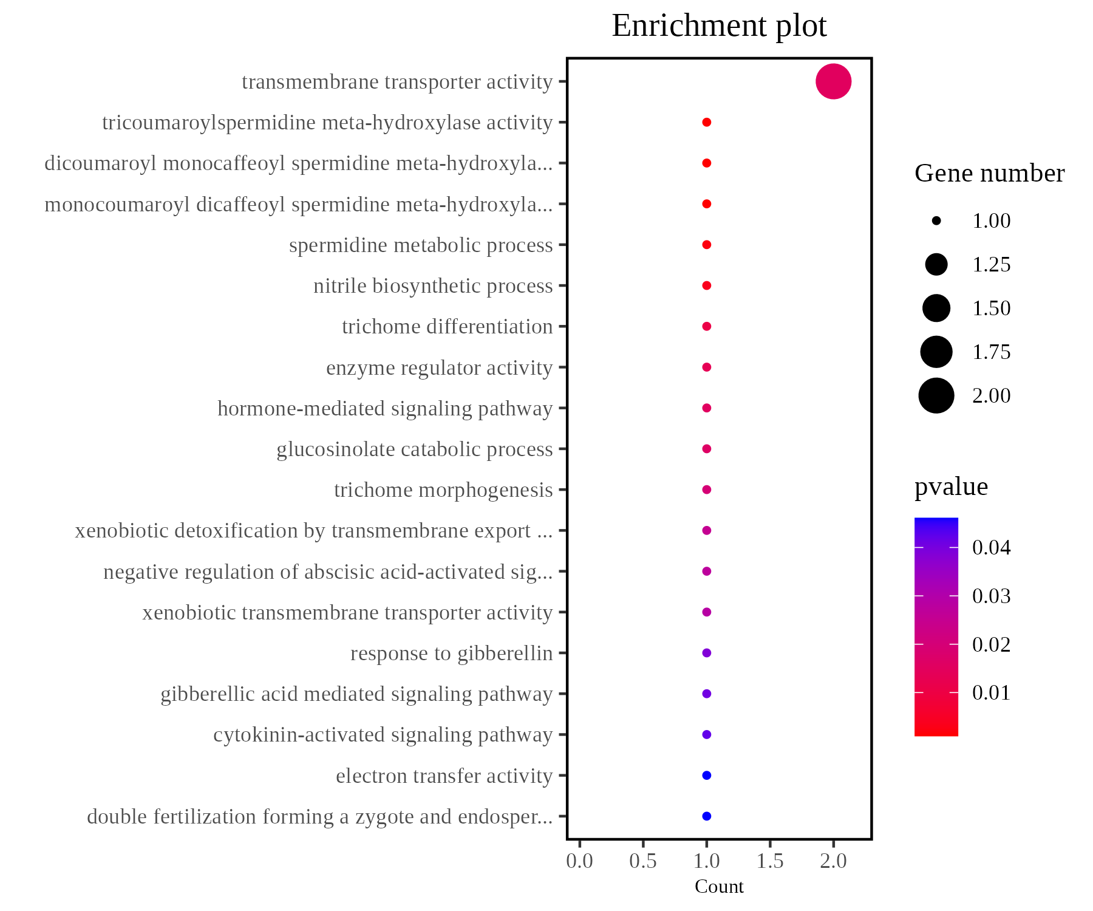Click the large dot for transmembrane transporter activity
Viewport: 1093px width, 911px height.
click(x=833, y=81)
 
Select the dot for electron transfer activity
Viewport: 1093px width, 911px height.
click(x=706, y=776)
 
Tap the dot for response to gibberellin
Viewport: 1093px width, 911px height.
click(x=706, y=653)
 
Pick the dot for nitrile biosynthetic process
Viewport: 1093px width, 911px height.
click(x=706, y=285)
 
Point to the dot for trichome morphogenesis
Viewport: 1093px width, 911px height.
click(x=706, y=490)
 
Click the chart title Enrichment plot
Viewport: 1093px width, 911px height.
click(x=719, y=26)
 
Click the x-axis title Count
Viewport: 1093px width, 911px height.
click(x=719, y=887)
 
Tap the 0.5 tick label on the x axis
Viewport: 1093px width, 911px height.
click(x=643, y=861)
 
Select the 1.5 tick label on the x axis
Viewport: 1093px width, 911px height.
click(x=770, y=861)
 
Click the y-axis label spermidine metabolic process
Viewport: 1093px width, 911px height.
click(x=421, y=245)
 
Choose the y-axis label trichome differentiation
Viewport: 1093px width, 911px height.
click(x=447, y=327)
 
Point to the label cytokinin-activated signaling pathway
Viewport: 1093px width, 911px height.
click(x=383, y=735)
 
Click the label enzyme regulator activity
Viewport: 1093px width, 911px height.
click(x=439, y=368)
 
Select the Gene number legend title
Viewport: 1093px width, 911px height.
click(x=989, y=174)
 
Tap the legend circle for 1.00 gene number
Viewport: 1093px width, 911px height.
click(x=936, y=221)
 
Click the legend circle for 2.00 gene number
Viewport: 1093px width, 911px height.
click(x=936, y=396)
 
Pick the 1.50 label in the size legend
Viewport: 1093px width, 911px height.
click(x=991, y=309)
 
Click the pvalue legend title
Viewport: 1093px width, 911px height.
click(x=951, y=487)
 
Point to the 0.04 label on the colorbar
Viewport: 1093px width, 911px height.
click(x=991, y=548)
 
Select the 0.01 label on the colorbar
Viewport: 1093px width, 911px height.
click(x=991, y=693)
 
